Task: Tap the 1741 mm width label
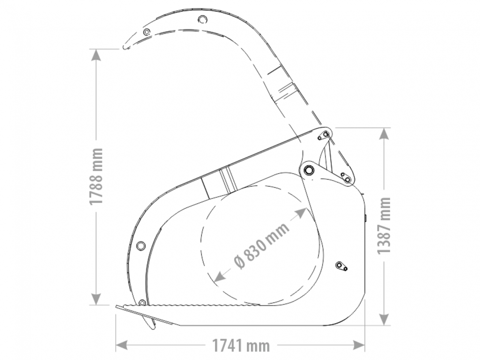tap(241, 345)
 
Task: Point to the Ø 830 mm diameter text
tap(261, 246)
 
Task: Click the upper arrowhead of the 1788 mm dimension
tap(96, 55)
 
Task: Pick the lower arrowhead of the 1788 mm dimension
tap(96, 299)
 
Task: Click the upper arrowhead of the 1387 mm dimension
tap(384, 134)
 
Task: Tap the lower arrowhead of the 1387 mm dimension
tap(384, 319)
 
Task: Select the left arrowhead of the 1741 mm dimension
tap(121, 345)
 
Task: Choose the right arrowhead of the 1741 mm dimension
tap(358, 345)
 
